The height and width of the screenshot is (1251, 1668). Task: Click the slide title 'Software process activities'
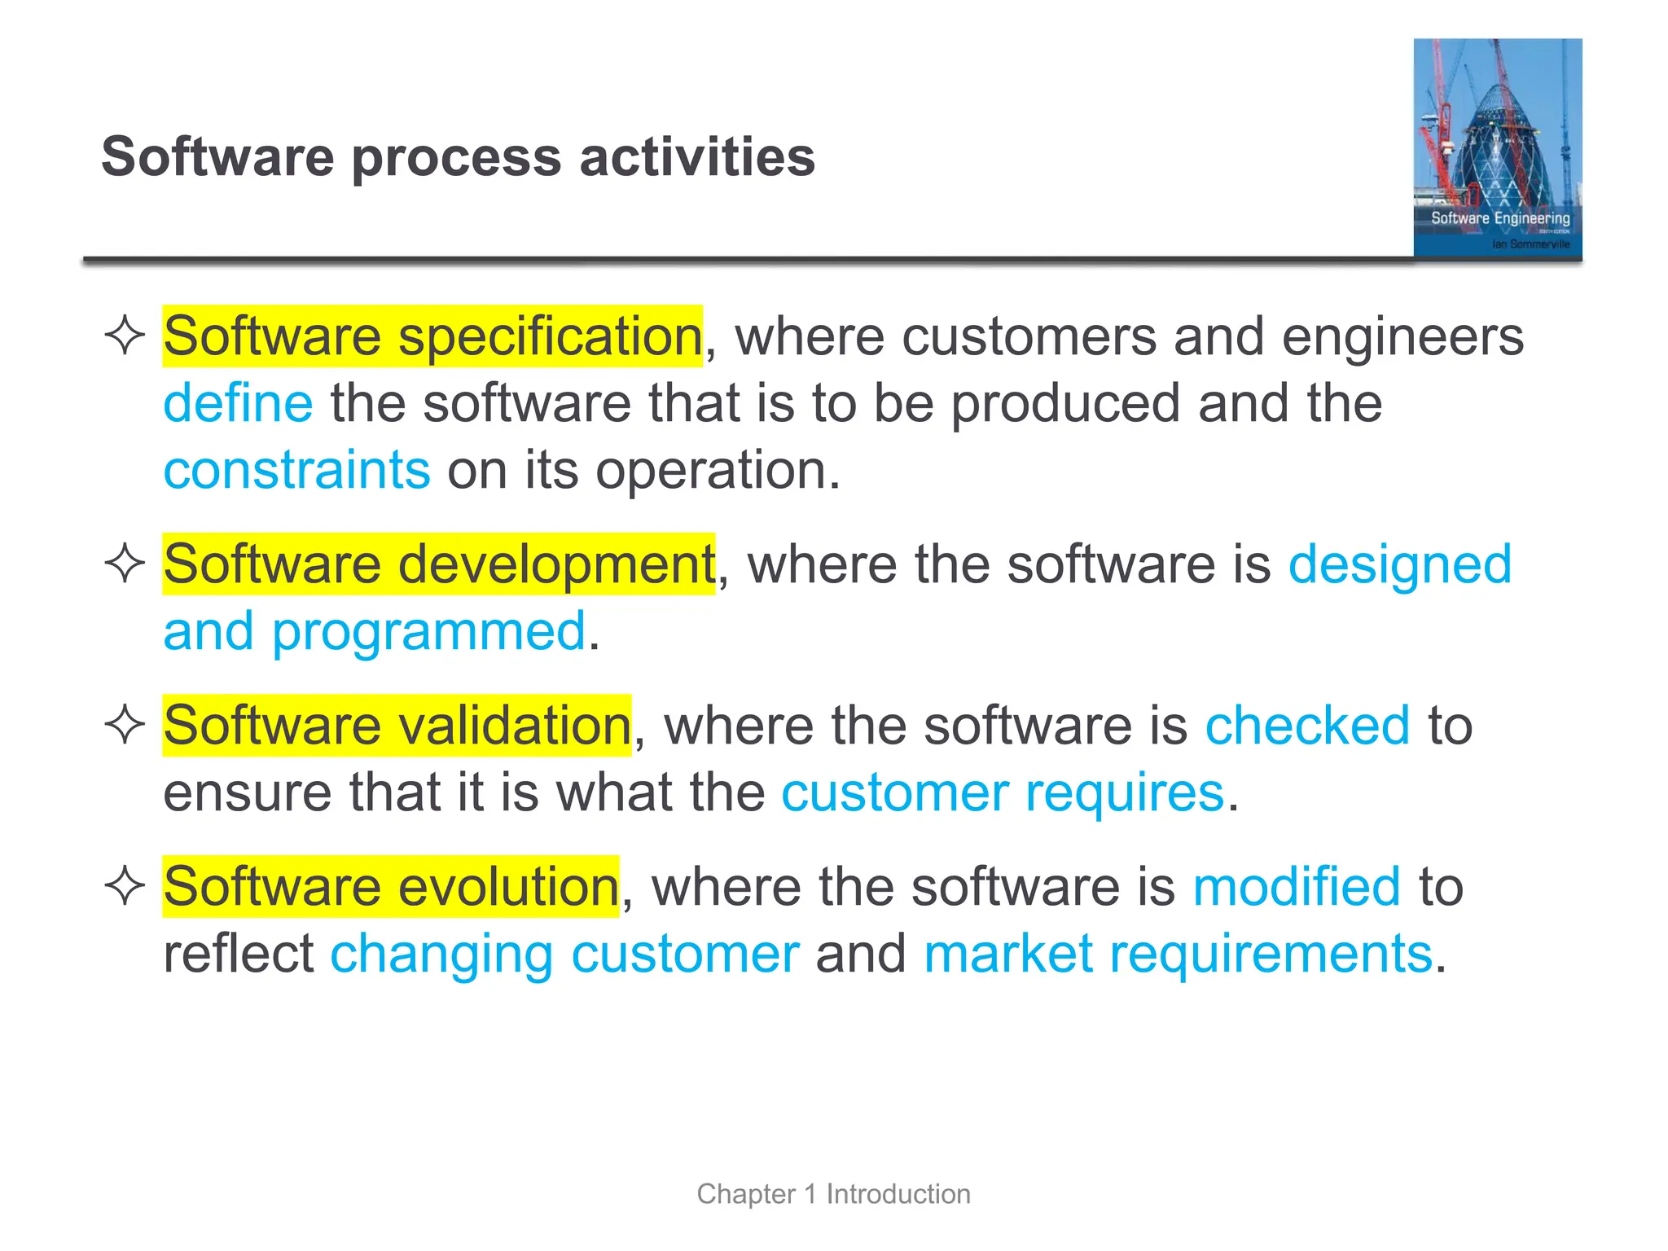click(458, 156)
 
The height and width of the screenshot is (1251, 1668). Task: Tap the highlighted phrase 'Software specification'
click(432, 336)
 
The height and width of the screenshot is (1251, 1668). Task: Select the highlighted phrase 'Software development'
click(438, 564)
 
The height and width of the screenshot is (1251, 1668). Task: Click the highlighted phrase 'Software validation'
click(397, 725)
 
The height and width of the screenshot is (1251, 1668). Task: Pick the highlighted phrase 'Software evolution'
click(391, 886)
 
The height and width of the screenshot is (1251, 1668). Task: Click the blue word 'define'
click(238, 403)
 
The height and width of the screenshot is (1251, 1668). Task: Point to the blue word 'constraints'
click(296, 470)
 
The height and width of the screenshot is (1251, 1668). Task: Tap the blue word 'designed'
click(1399, 564)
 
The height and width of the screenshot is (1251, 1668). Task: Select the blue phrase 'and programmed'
click(375, 631)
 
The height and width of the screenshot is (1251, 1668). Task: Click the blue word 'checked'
click(1307, 725)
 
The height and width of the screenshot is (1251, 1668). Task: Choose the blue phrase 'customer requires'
click(1003, 792)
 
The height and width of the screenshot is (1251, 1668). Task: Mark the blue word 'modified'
click(1297, 886)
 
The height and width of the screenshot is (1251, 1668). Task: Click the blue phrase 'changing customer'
click(564, 954)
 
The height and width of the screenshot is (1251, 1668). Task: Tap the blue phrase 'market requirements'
click(1178, 954)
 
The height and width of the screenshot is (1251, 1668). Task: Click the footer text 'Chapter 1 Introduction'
click(833, 1194)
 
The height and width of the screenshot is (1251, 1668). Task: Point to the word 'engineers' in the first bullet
click(1402, 336)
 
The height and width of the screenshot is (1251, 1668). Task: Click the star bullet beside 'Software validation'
click(125, 724)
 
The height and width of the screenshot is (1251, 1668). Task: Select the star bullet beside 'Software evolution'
click(125, 885)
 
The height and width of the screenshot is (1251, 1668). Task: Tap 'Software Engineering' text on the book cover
click(1500, 218)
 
